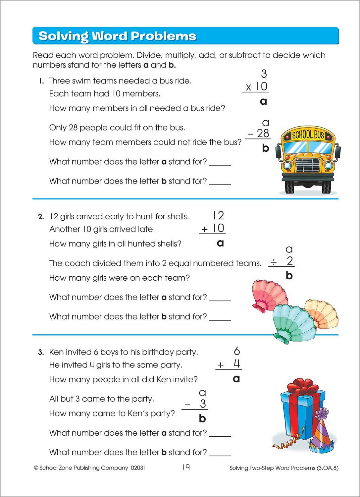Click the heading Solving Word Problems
click(117, 36)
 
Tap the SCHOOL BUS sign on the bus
click(308, 135)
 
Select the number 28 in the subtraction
click(263, 133)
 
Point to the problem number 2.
click(41, 217)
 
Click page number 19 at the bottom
click(186, 467)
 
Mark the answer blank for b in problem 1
click(220, 183)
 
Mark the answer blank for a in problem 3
click(220, 435)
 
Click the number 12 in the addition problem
click(218, 216)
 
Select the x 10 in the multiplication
click(256, 87)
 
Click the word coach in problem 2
click(76, 263)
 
